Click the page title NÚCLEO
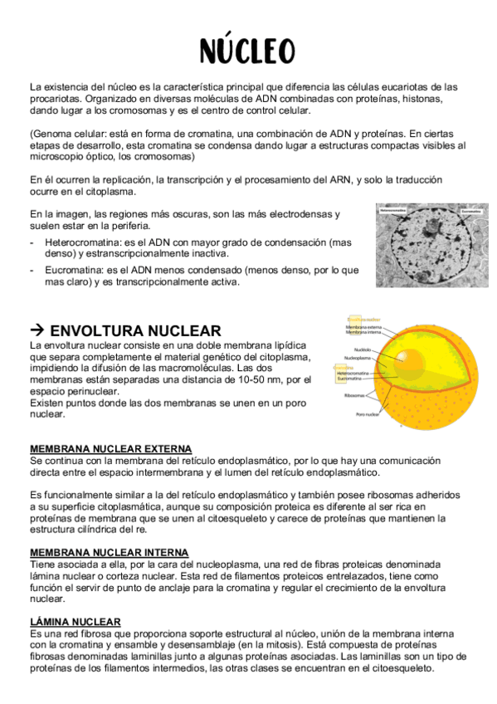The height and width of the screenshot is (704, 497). (x=247, y=50)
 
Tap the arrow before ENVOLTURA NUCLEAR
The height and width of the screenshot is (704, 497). (x=37, y=330)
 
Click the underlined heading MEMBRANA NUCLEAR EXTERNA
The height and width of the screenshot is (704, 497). (x=110, y=449)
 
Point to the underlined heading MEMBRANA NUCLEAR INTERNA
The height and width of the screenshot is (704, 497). (x=109, y=552)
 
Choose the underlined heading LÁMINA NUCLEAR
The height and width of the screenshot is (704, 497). (x=76, y=621)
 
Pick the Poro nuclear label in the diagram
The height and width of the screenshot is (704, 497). (x=368, y=413)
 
